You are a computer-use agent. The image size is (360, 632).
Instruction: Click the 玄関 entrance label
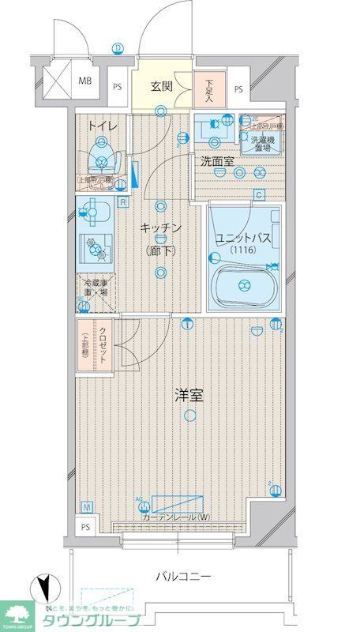[x=162, y=87]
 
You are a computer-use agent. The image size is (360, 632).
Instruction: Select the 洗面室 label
[x=216, y=161]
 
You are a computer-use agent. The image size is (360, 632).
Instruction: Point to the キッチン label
[x=162, y=228]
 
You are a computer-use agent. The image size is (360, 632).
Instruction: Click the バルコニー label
[x=182, y=577]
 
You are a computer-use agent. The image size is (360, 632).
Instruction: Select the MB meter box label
[x=84, y=80]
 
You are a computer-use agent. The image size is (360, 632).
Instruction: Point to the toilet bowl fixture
[x=100, y=155]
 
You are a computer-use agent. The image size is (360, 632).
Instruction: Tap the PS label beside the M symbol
[x=84, y=526]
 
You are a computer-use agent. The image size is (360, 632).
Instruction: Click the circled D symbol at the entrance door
[x=118, y=48]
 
